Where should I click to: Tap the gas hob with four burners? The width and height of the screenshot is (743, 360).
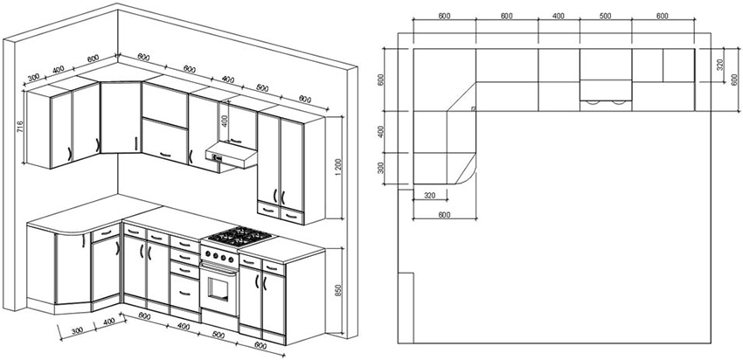click(238, 235)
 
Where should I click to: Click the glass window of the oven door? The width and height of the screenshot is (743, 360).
click(219, 284)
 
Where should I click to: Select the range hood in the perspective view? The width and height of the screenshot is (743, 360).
click(229, 156)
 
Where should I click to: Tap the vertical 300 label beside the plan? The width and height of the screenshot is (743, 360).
click(382, 168)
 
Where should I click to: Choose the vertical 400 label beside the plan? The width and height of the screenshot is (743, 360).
click(382, 131)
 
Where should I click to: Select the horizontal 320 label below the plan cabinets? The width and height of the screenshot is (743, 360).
click(429, 196)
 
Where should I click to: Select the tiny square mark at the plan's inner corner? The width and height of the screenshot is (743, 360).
click(472, 108)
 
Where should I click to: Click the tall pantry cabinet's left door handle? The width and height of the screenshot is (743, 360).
click(277, 194)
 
